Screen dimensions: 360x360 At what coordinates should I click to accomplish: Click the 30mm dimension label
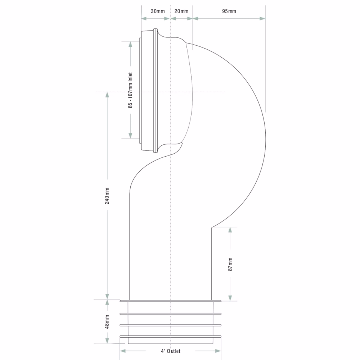tap(158, 11)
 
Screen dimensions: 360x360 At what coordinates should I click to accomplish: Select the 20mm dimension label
tap(181, 11)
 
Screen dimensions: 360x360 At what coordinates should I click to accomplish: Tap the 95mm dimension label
tap(229, 11)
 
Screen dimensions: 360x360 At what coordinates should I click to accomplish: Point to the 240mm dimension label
tap(107, 196)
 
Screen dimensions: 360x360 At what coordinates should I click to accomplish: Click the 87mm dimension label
tap(230, 264)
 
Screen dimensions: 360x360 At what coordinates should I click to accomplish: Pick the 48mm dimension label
tap(107, 321)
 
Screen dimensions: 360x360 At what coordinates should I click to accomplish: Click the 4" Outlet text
tap(170, 351)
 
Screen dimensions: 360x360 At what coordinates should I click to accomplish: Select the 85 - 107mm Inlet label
tap(130, 90)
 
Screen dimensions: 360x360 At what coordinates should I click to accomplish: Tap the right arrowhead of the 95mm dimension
tap(262, 18)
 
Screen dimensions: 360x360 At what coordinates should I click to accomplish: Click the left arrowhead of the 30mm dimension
tap(144, 18)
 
